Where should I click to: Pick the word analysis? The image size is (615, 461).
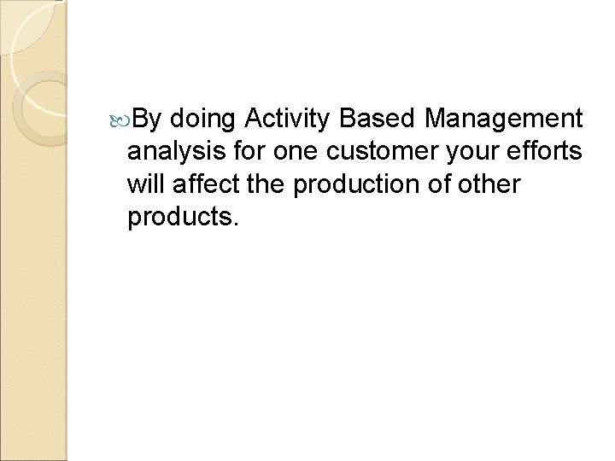pos(174,153)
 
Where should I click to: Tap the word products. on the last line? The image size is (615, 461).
pos(184,218)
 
